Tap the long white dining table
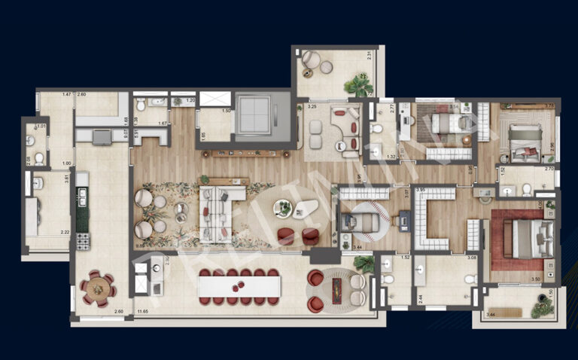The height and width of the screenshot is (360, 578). point(239,286)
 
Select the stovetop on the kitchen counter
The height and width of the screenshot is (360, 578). point(83,241)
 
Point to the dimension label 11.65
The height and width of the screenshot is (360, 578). point(144,311)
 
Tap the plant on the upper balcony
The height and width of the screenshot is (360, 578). point(358,84)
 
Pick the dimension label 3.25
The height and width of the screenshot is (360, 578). point(312,108)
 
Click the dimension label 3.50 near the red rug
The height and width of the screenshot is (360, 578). point(535,279)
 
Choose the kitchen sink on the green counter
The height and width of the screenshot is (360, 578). point(82,197)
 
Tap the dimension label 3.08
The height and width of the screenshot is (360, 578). point(472,258)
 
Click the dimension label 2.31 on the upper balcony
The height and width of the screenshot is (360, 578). point(370,54)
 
